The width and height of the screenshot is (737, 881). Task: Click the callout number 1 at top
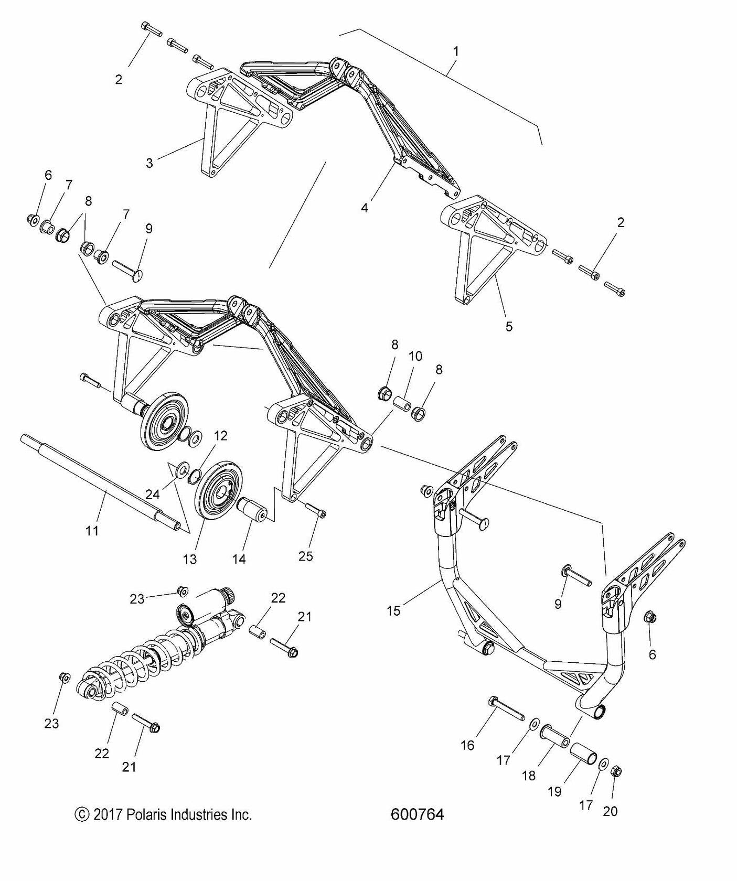pyautogui.click(x=456, y=51)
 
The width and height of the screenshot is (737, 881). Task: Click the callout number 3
pyautogui.click(x=149, y=163)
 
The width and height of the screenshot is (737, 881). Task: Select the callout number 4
pyautogui.click(x=364, y=208)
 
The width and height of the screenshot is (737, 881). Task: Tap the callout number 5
pyautogui.click(x=509, y=326)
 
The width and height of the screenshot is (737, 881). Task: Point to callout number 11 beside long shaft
pyautogui.click(x=92, y=531)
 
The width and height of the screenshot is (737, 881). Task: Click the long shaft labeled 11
pyautogui.click(x=100, y=482)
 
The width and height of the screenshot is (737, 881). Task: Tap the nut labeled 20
pyautogui.click(x=617, y=771)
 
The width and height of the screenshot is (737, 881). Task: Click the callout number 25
pyautogui.click(x=305, y=556)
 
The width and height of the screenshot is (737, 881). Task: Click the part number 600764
pyautogui.click(x=418, y=814)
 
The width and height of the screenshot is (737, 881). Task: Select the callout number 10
pyautogui.click(x=415, y=357)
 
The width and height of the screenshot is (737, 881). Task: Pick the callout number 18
pyautogui.click(x=529, y=790)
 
